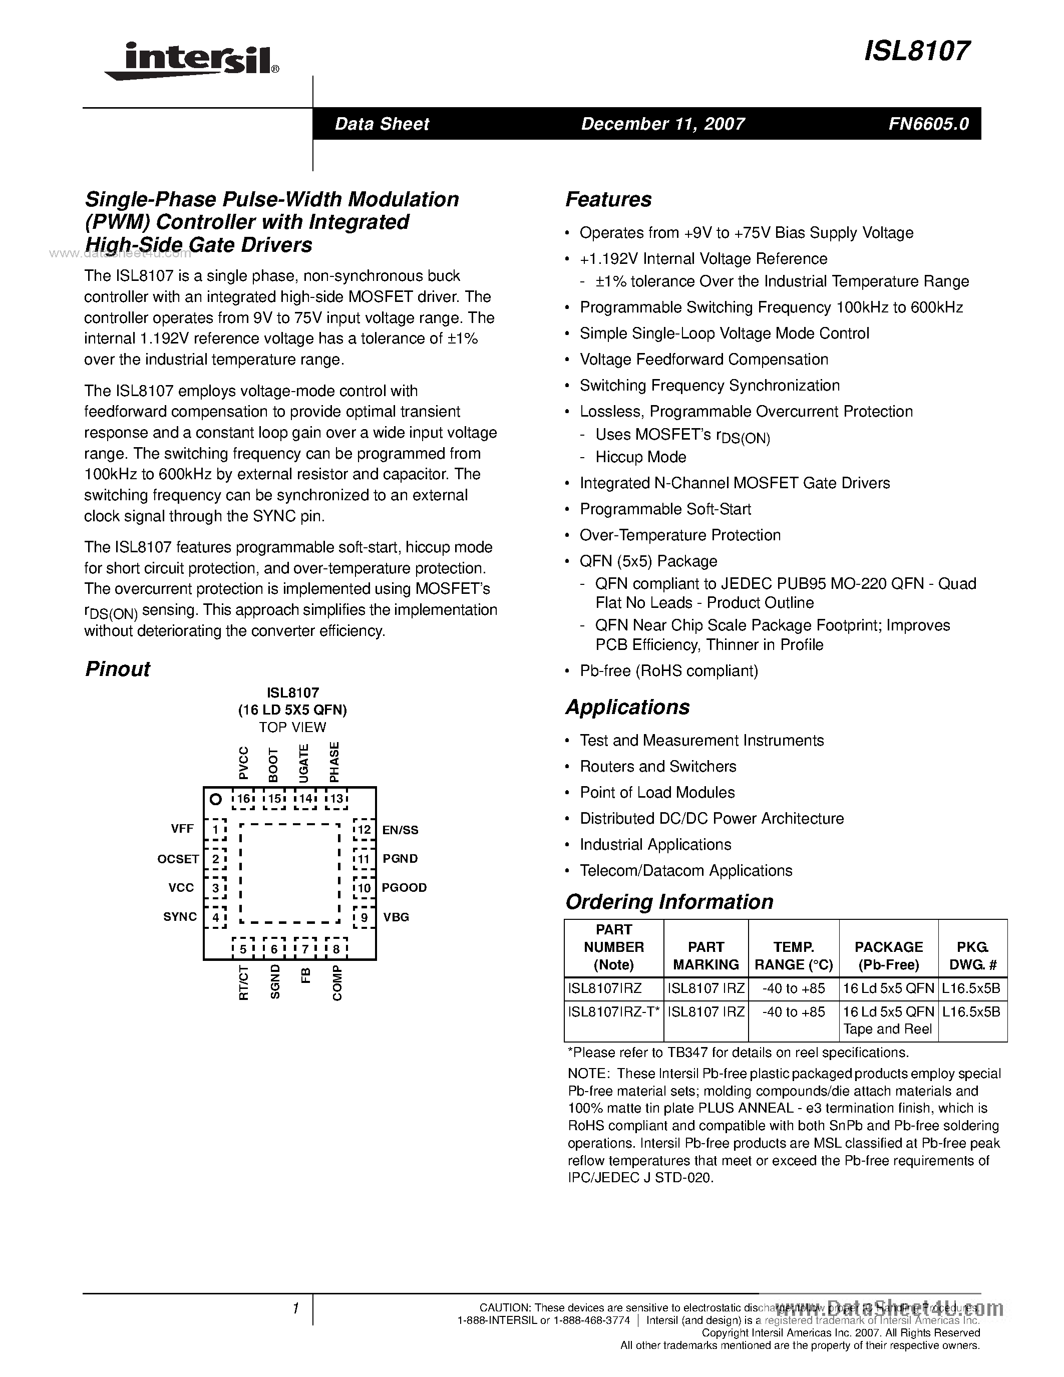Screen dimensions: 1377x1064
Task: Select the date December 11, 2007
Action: point(662,124)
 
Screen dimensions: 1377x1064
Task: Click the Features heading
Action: point(608,199)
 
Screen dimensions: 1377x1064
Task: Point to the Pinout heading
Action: point(118,668)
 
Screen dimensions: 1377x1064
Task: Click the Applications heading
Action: point(627,707)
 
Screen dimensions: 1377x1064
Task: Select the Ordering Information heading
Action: point(669,902)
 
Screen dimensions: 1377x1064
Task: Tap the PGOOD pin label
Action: point(404,887)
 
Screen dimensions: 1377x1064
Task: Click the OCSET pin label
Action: point(178,859)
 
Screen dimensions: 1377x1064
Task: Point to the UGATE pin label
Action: point(304,763)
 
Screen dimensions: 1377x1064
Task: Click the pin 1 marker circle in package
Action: point(216,800)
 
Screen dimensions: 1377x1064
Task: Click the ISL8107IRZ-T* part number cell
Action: point(613,1012)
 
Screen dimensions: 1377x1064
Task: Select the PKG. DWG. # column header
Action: point(972,956)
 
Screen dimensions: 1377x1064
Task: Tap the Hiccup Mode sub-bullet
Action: point(640,457)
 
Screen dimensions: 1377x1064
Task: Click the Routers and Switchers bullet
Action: point(657,766)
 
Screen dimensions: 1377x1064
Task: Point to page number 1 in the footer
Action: point(295,1309)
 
